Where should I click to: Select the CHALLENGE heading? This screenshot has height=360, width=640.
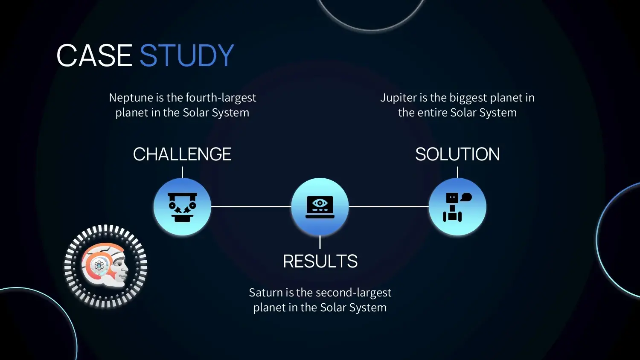[182, 154]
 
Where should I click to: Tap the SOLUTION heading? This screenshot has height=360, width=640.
[457, 154]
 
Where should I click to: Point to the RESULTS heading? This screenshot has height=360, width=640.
[320, 261]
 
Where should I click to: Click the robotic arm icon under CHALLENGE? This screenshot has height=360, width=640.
[182, 207]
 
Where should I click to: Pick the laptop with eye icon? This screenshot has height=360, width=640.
[320, 207]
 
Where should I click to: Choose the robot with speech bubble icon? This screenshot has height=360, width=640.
[457, 207]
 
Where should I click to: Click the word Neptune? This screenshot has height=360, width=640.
[131, 98]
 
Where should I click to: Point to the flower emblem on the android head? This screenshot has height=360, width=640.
[99, 266]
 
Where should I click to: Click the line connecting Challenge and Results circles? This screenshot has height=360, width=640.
[251, 206]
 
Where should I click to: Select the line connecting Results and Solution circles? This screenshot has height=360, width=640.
[389, 206]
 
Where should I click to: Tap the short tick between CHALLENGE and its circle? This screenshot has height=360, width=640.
[182, 172]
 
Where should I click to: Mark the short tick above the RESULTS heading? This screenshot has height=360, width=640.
[320, 242]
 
